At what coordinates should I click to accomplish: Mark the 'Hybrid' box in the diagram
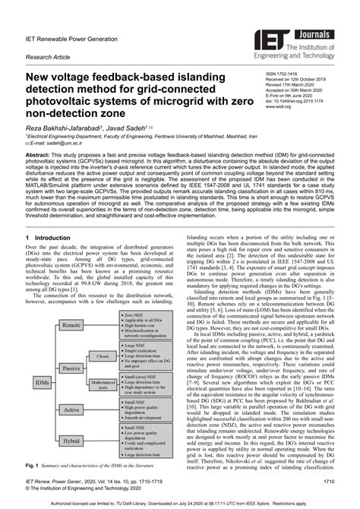72,440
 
